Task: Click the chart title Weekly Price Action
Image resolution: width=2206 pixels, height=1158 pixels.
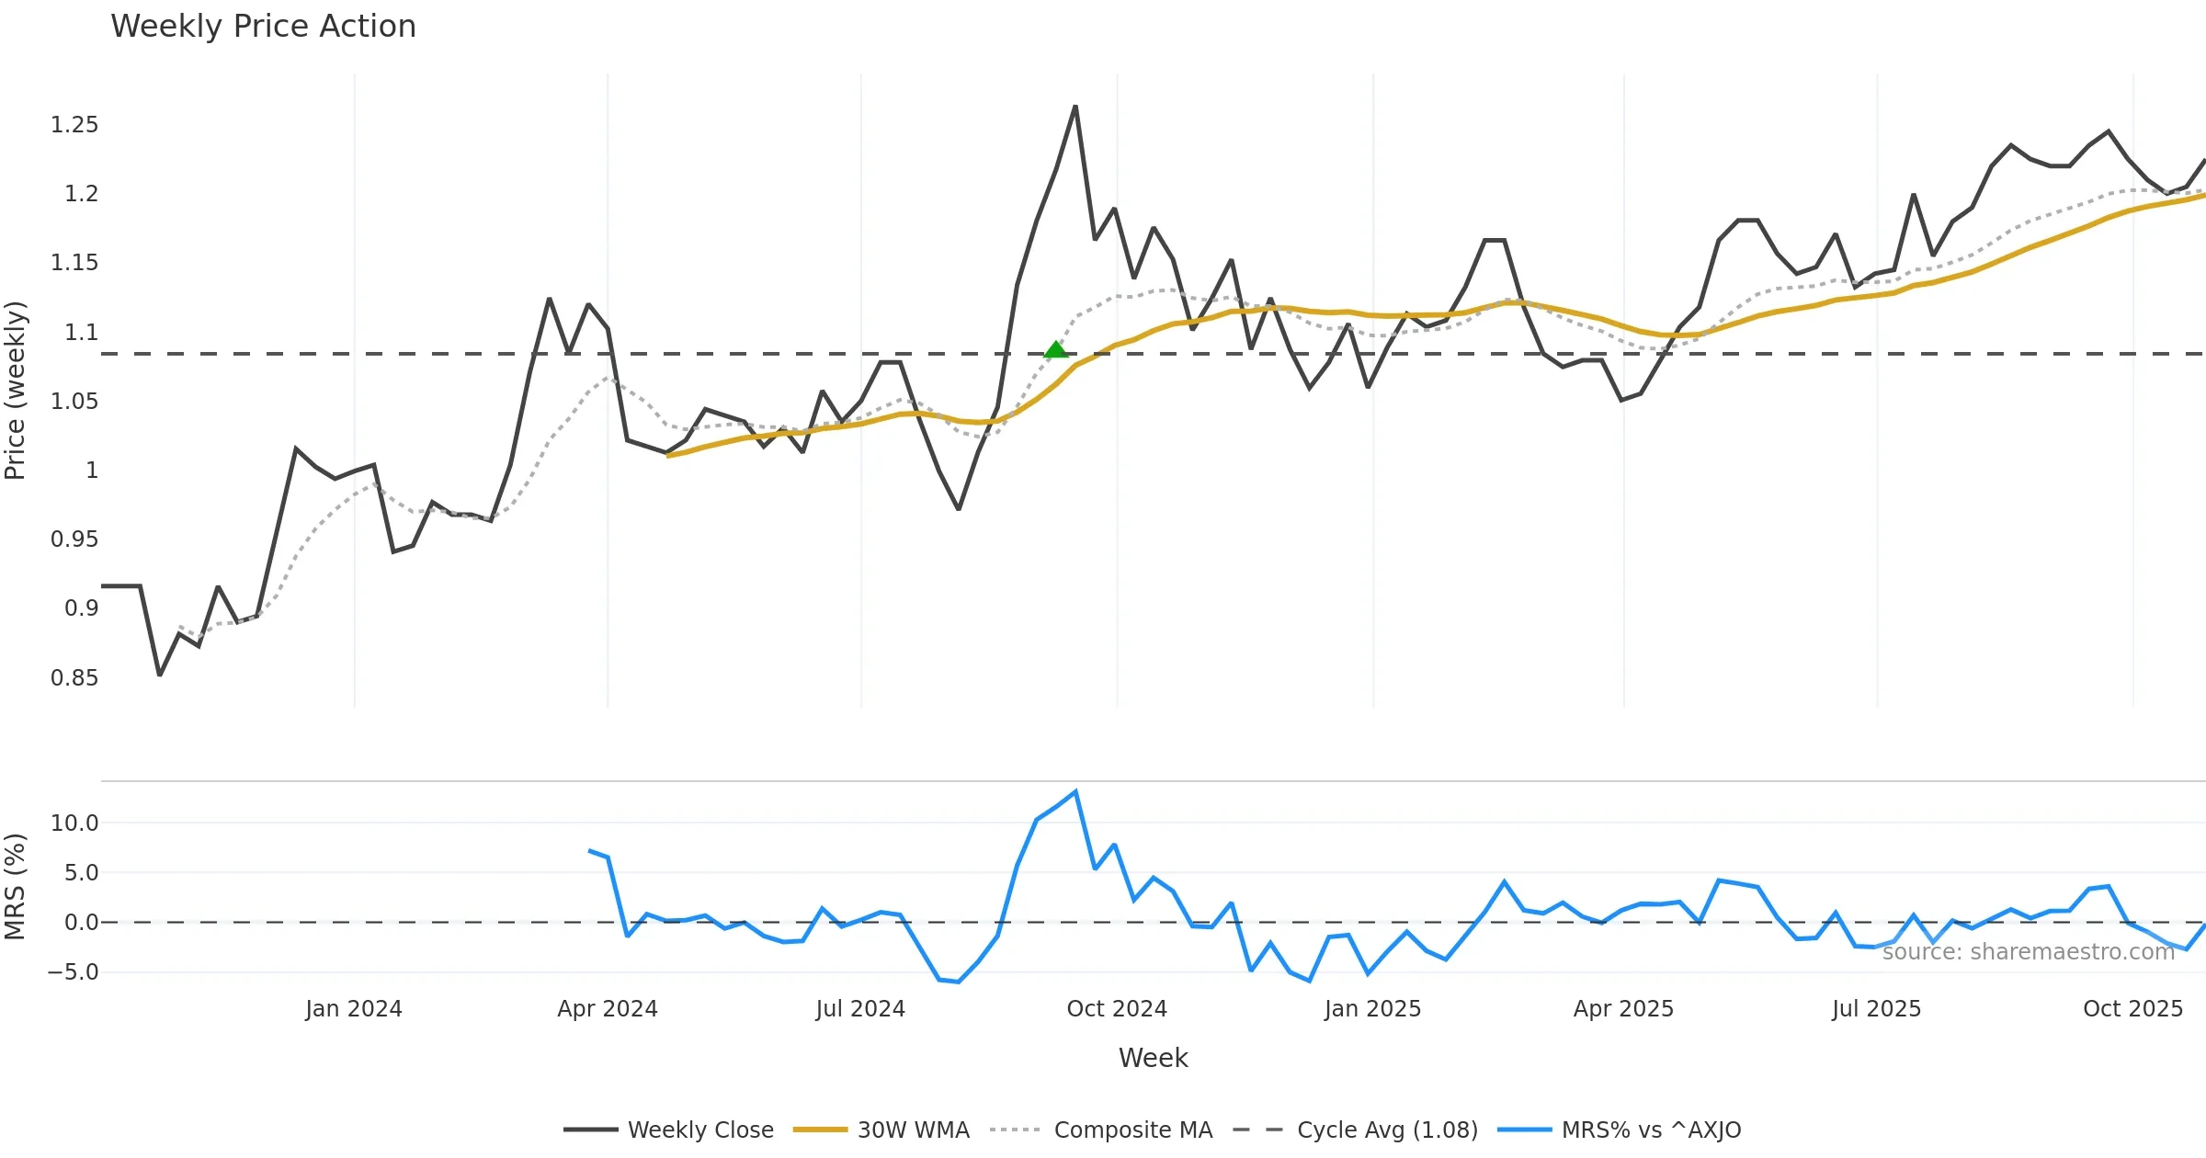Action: [263, 27]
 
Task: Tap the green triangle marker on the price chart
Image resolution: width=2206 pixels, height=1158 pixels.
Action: [1056, 349]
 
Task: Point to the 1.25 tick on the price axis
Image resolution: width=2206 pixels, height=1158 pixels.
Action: [74, 125]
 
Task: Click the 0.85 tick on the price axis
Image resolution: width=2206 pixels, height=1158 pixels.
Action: [74, 678]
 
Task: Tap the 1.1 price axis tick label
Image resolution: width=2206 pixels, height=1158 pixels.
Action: [81, 333]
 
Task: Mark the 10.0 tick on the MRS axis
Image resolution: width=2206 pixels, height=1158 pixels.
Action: [74, 823]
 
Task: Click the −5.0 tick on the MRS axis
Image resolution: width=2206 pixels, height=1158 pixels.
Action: [73, 972]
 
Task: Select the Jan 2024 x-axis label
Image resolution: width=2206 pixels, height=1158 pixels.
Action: [354, 1009]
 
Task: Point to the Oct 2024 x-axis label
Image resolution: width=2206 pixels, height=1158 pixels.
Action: [1117, 1009]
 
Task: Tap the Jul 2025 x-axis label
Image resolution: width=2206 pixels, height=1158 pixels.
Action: [1876, 1009]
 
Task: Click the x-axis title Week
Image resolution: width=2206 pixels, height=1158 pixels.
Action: [1153, 1058]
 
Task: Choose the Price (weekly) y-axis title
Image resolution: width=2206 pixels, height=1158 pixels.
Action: [16, 391]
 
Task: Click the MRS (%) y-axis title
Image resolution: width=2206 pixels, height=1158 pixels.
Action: [16, 887]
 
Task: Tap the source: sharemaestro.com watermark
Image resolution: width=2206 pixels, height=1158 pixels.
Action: [2028, 952]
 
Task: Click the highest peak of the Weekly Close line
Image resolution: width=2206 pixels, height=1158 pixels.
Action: [1075, 108]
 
